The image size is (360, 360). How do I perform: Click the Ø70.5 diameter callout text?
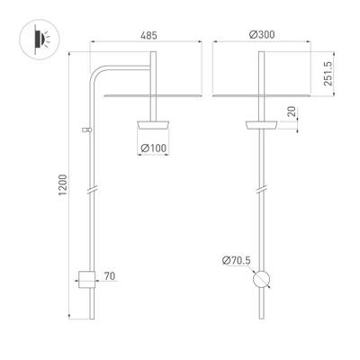tap(235, 261)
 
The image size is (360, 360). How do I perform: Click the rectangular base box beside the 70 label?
tap(86, 279)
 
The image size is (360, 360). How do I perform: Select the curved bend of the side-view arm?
tap(95, 72)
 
